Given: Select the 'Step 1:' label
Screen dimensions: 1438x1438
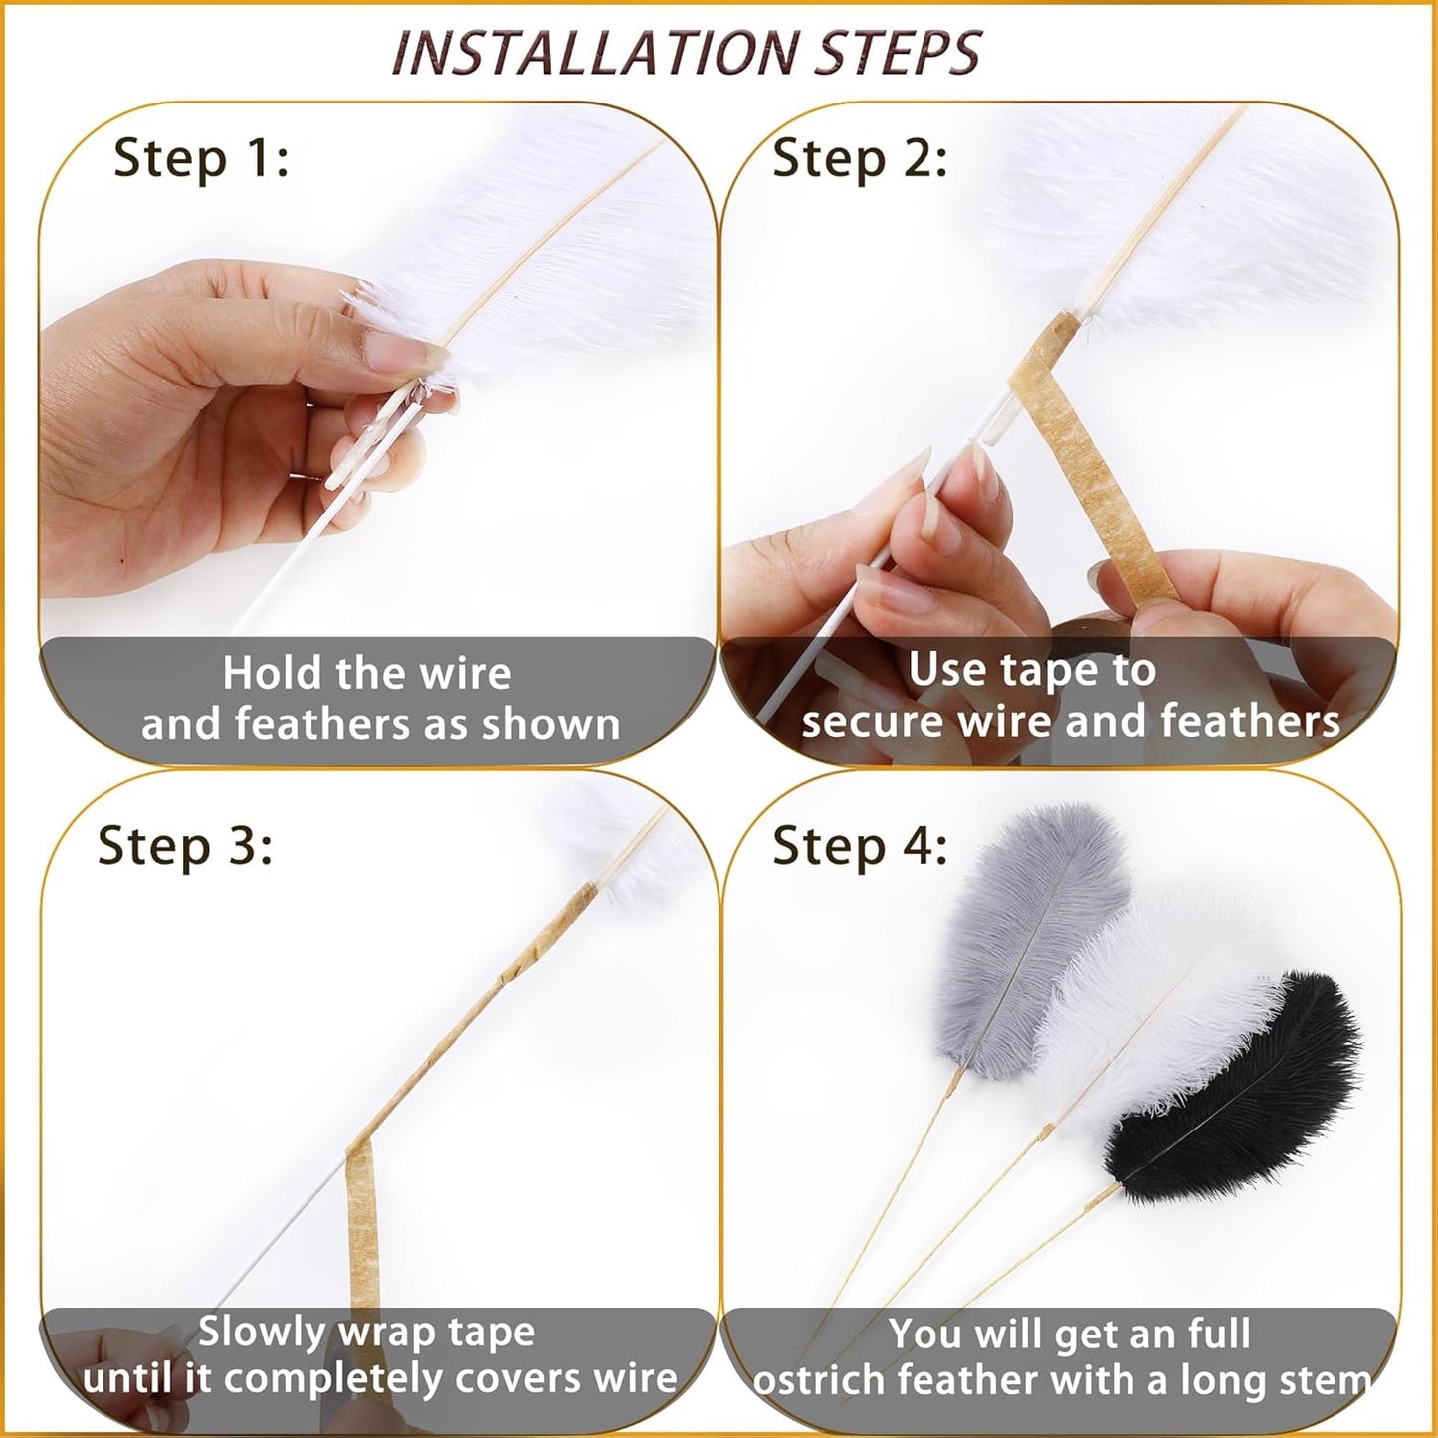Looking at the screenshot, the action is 201,159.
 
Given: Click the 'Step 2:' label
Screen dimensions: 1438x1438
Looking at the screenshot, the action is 860,159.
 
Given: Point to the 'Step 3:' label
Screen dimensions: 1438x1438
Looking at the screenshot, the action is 185,846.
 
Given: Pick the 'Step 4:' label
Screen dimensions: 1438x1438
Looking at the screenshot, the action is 860,846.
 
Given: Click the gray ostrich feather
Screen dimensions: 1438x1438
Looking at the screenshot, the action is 1030,944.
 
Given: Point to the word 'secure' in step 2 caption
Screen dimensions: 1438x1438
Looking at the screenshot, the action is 872,722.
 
